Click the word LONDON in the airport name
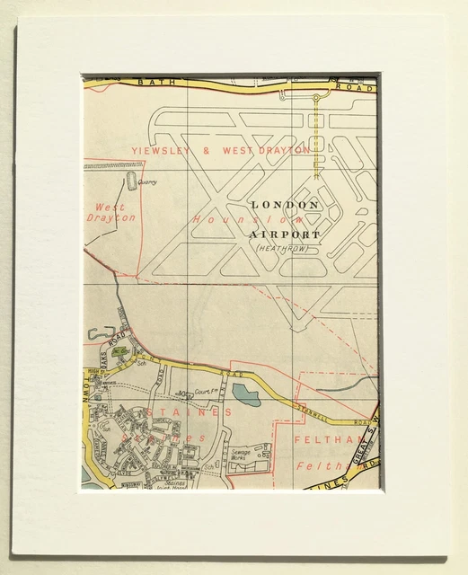[285, 205]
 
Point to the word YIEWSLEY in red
[161, 151]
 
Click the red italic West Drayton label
[110, 212]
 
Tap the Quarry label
[147, 182]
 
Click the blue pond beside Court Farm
[245, 394]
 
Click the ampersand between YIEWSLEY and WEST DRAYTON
[207, 151]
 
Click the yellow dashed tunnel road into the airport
[315, 135]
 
